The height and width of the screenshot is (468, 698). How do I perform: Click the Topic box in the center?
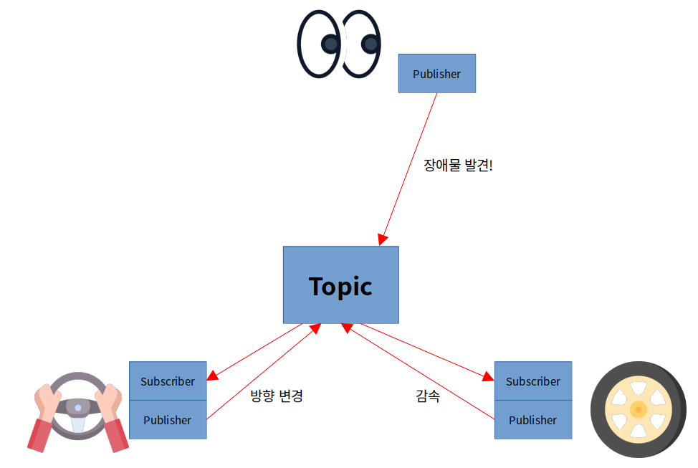coord(340,285)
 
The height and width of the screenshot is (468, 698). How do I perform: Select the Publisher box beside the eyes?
coord(436,74)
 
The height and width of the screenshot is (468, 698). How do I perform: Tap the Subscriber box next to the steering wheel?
coord(168,381)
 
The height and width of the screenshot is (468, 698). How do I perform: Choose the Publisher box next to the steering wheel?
coord(168,420)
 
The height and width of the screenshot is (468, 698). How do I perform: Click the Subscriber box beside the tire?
coord(533,381)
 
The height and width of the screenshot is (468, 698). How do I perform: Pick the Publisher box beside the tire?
coord(533,420)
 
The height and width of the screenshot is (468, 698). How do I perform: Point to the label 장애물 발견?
coord(458,166)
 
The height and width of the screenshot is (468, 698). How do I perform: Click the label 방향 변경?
coord(277,396)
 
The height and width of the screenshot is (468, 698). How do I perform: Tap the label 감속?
coord(428,396)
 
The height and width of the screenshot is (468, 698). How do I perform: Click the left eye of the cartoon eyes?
coord(320,43)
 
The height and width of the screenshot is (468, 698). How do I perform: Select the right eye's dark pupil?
coord(370,44)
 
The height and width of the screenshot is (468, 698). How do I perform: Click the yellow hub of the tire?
coord(638,409)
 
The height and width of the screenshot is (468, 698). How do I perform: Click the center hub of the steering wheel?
coord(78,408)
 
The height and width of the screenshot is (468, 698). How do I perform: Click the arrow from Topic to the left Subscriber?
coord(254,352)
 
